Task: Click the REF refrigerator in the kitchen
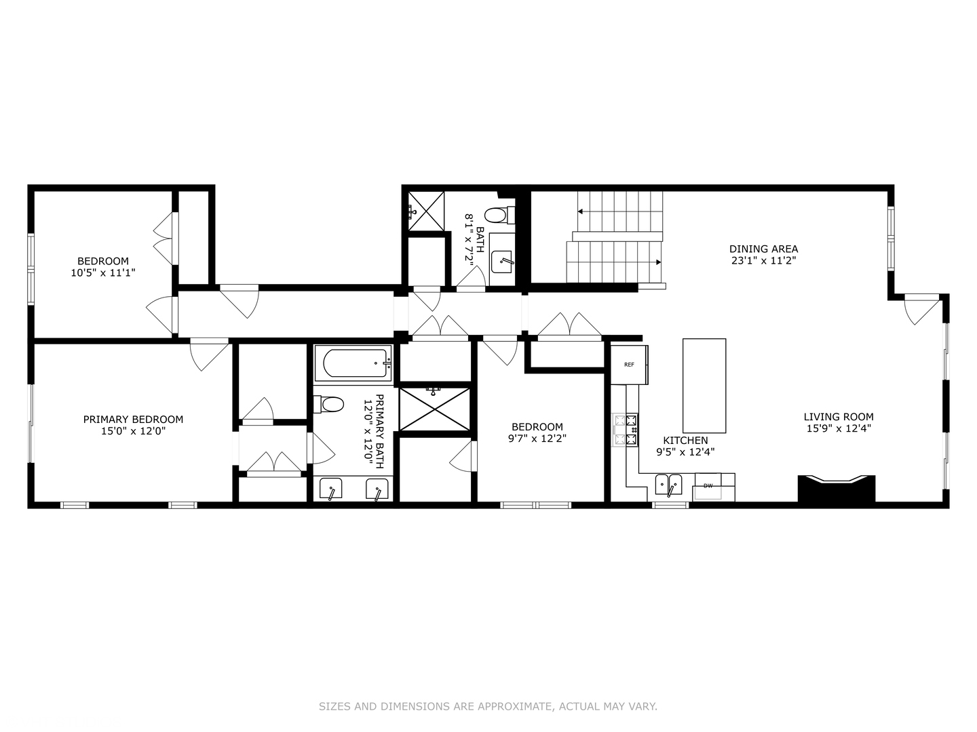629,365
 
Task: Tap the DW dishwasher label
708,486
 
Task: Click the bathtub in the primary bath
353,364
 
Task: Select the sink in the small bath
502,260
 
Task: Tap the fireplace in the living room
836,489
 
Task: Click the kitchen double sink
668,485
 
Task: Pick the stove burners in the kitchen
626,430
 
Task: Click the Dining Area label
763,249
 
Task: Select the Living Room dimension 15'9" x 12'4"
839,428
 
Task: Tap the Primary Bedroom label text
133,420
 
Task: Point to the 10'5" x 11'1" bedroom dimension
103,272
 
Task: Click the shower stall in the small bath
426,211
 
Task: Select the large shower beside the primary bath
434,409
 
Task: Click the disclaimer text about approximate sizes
488,706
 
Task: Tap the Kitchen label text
685,441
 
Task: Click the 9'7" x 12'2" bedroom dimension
537,439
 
